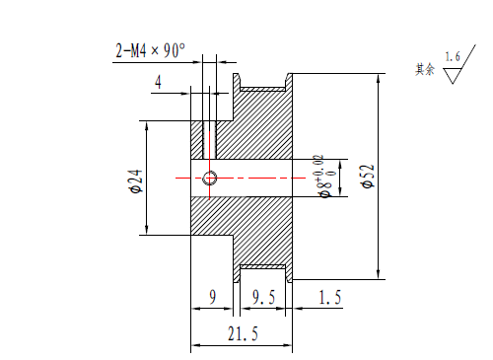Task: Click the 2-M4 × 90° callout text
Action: coord(150,50)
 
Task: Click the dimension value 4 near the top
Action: coord(158,82)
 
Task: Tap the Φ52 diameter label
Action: coord(368,176)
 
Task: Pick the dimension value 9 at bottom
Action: coord(213,297)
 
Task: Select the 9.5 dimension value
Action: coord(263,297)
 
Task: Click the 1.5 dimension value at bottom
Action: coord(330,297)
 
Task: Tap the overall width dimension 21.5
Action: coord(243,333)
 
